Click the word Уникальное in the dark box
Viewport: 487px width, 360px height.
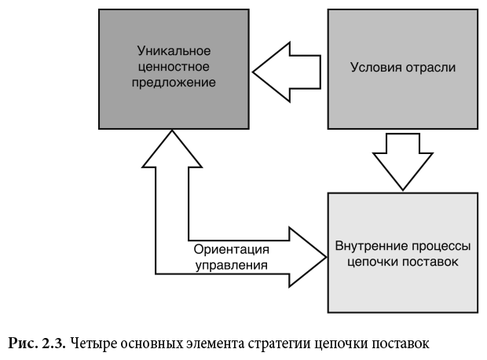[x=173, y=50]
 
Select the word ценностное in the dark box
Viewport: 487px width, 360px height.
[x=173, y=65]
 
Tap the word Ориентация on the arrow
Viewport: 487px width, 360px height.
[x=231, y=250]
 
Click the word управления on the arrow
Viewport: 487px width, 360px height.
[x=231, y=266]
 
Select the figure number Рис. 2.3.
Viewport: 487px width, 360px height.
[x=37, y=343]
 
